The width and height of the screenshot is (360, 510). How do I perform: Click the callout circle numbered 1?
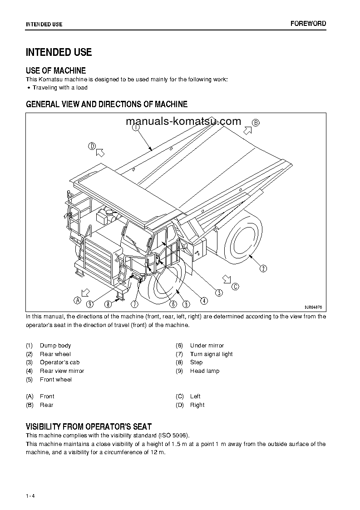pos(136,128)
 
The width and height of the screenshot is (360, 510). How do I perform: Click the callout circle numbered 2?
pos(263,269)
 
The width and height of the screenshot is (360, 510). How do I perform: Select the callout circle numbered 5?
pos(186,304)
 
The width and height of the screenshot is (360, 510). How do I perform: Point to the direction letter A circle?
pos(77,300)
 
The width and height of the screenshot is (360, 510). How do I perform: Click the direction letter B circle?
pos(256,123)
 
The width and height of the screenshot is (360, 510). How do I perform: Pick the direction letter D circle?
pos(92,146)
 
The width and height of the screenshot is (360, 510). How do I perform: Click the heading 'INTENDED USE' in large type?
pos(59,52)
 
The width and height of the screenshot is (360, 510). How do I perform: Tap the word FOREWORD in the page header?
pos(308,24)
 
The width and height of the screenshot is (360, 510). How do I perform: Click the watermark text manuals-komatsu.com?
pos(182,121)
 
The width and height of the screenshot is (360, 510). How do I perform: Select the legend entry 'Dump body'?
pos(55,346)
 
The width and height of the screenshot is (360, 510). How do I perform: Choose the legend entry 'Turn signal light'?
pos(211,354)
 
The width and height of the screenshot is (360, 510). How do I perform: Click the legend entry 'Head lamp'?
pos(204,371)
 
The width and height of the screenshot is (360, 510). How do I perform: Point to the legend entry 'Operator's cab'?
pos(59,362)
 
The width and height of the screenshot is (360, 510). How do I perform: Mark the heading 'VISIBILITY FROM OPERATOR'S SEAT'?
pos(89,426)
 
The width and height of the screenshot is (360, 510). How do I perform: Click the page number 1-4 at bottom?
pos(30,483)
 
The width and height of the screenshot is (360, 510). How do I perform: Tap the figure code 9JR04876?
pos(314,307)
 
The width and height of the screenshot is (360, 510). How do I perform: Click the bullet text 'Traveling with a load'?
pos(60,88)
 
